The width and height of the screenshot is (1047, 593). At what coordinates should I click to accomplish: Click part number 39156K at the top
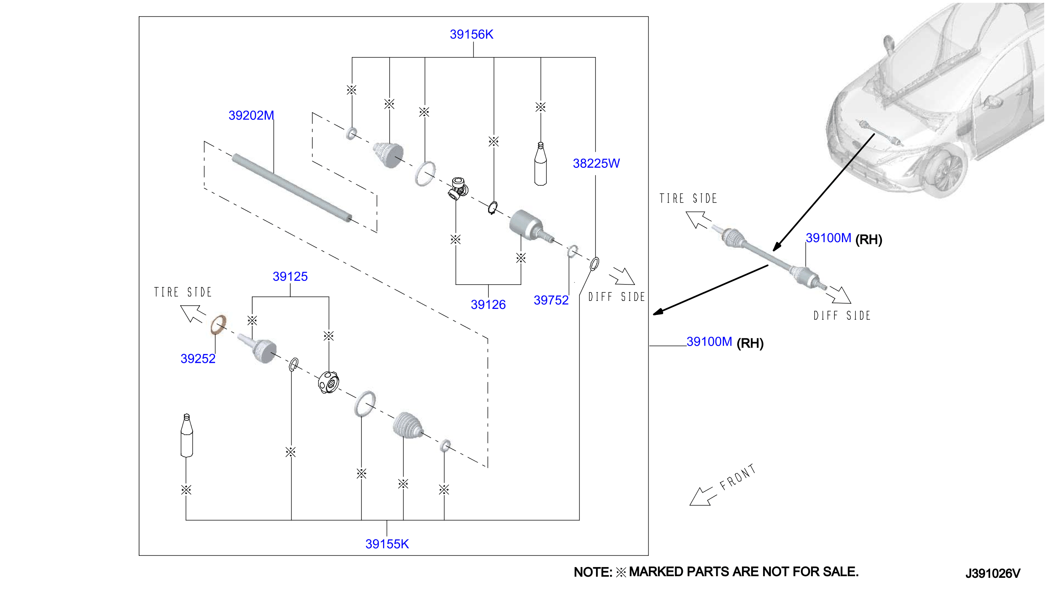click(x=471, y=34)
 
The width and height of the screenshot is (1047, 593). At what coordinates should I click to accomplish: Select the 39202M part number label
click(x=251, y=115)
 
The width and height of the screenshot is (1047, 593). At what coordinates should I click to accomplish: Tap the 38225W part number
click(x=596, y=163)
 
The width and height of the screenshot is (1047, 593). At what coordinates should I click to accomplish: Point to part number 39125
click(x=290, y=277)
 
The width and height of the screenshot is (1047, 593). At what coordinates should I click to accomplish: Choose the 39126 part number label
click(x=488, y=304)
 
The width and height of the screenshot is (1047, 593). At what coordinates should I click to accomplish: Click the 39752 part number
click(x=551, y=300)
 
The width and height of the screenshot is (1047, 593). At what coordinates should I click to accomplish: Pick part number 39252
click(x=198, y=359)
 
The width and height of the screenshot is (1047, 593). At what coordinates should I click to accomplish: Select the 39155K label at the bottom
click(x=387, y=544)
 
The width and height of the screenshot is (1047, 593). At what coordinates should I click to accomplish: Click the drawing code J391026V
click(x=992, y=574)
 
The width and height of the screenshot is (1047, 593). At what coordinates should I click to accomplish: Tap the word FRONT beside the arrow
click(x=738, y=477)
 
